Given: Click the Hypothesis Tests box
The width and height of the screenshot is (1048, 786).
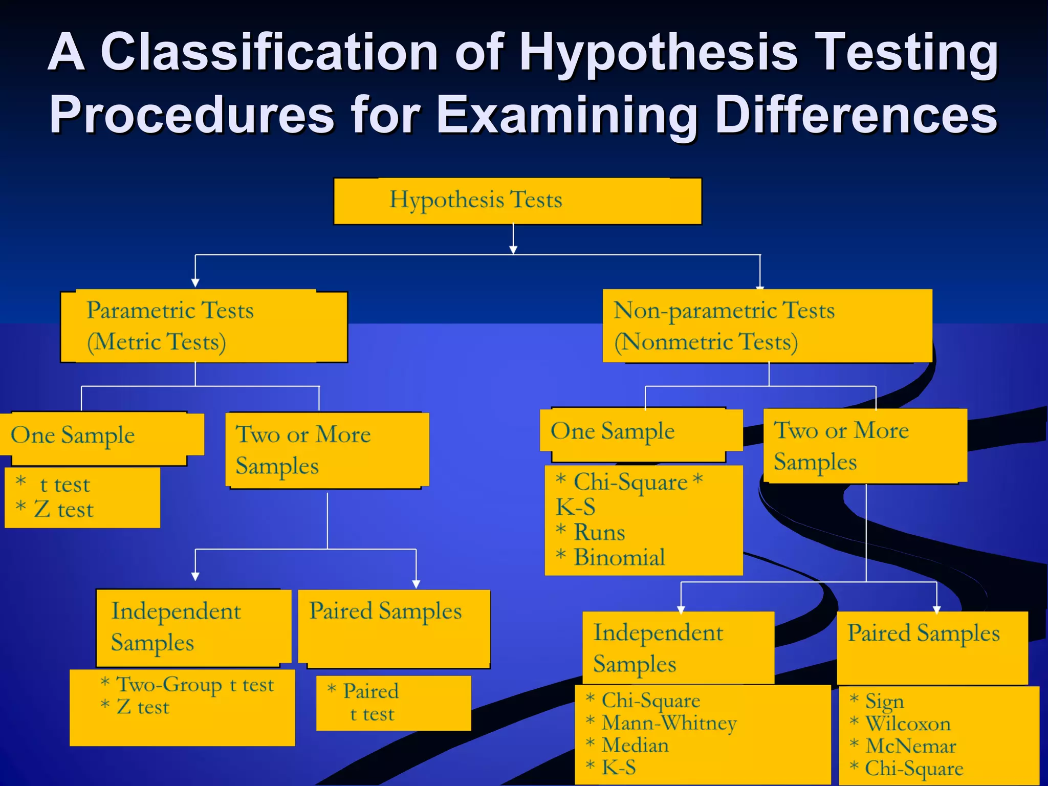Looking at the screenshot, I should (x=517, y=201).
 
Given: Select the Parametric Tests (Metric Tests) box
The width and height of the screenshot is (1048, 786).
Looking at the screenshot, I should (x=204, y=326).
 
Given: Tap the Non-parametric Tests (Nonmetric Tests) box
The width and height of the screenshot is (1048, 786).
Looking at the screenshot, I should (x=767, y=326).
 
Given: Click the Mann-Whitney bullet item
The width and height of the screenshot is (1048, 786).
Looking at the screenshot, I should (x=668, y=723).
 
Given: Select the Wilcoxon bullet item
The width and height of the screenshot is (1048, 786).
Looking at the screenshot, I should (x=907, y=724).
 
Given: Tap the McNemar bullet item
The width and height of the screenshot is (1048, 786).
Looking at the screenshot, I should (x=910, y=747).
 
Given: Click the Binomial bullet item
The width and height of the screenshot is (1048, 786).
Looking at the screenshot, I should (x=619, y=557).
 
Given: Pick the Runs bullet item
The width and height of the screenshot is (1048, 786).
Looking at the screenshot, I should (x=599, y=533).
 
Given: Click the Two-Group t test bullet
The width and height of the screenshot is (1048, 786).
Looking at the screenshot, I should (x=194, y=685).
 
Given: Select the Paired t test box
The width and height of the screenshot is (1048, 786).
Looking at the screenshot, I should (x=393, y=703).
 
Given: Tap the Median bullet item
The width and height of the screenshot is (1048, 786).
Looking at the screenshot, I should (x=635, y=746).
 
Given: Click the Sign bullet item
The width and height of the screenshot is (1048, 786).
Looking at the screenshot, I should (x=884, y=702).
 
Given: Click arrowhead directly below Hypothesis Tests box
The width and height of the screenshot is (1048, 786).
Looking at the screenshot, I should (x=513, y=250).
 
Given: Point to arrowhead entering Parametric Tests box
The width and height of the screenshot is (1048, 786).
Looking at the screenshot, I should (x=195, y=283).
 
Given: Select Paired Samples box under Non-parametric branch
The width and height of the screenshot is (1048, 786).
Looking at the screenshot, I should (x=932, y=647).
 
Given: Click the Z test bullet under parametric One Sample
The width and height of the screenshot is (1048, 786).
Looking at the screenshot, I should (x=63, y=510).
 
